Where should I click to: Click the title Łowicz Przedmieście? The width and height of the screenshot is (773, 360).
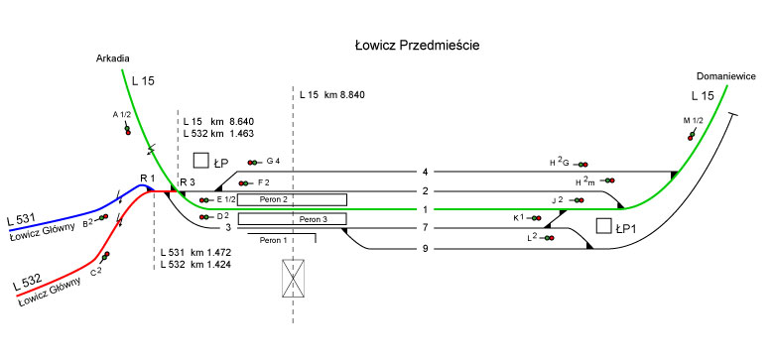point(417,46)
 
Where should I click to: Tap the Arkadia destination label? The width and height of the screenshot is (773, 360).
point(112,59)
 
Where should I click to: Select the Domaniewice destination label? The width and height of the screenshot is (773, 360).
point(726,76)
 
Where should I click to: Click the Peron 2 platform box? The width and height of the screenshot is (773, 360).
point(293,199)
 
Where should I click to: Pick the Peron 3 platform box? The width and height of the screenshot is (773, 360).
point(293,218)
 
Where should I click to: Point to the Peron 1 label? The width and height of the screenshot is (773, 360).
point(273,240)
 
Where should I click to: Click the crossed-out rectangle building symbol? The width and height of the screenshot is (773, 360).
point(293,279)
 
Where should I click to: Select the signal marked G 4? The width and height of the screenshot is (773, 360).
point(255,163)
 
